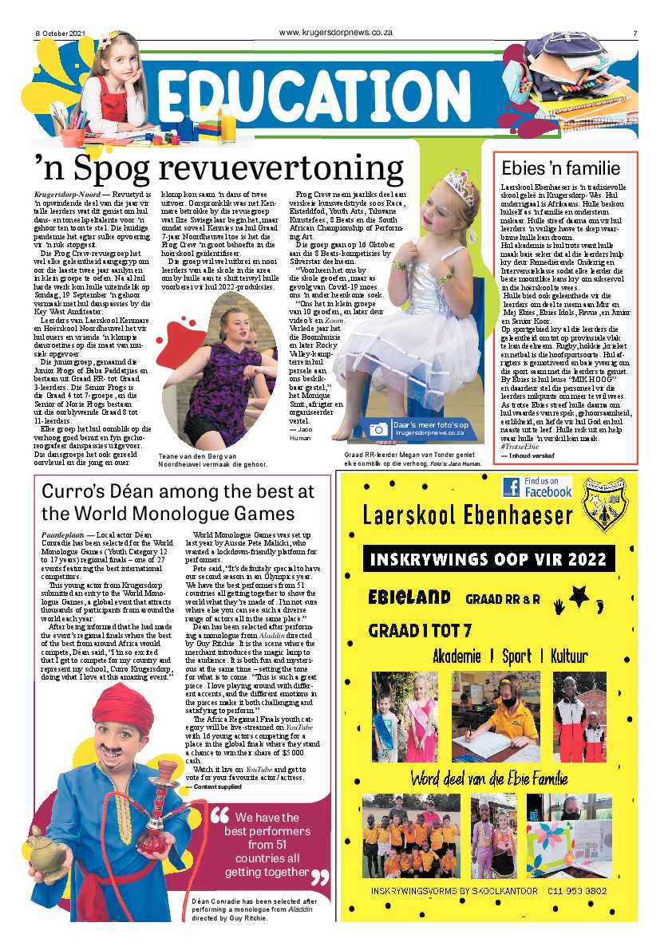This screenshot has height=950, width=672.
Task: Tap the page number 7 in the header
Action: pyautogui.click(x=635, y=33)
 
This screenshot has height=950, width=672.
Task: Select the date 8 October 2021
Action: pyautogui.click(x=60, y=33)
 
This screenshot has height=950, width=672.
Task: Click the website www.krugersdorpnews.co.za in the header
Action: pyautogui.click(x=335, y=33)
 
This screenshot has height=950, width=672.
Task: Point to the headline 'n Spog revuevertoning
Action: pyautogui.click(x=219, y=168)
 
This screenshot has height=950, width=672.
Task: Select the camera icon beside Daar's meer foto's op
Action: pyautogui.click(x=378, y=428)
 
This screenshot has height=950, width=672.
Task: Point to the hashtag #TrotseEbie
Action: pyautogui.click(x=521, y=445)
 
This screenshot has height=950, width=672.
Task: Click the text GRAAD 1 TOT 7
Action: pyautogui.click(x=418, y=630)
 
